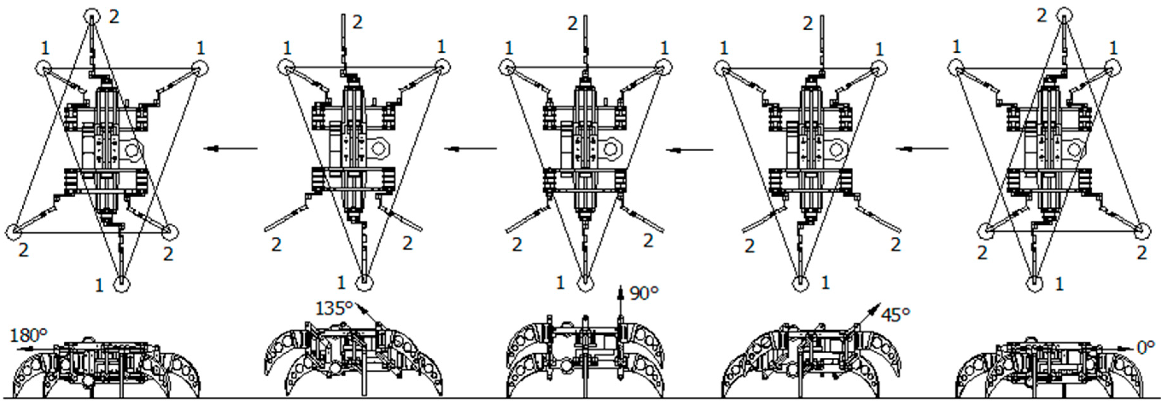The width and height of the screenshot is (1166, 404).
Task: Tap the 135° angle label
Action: pyautogui.click(x=334, y=309)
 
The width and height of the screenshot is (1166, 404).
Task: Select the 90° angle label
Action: pyautogui.click(x=644, y=294)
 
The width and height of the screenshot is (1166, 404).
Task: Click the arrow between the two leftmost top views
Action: pyautogui.click(x=230, y=148)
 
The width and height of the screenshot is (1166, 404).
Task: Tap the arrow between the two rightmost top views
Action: pyautogui.click(x=922, y=148)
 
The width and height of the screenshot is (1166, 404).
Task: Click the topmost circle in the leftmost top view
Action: pyautogui.click(x=92, y=17)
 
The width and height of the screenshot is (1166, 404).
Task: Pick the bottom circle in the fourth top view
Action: pyautogui.click(x=800, y=283)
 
